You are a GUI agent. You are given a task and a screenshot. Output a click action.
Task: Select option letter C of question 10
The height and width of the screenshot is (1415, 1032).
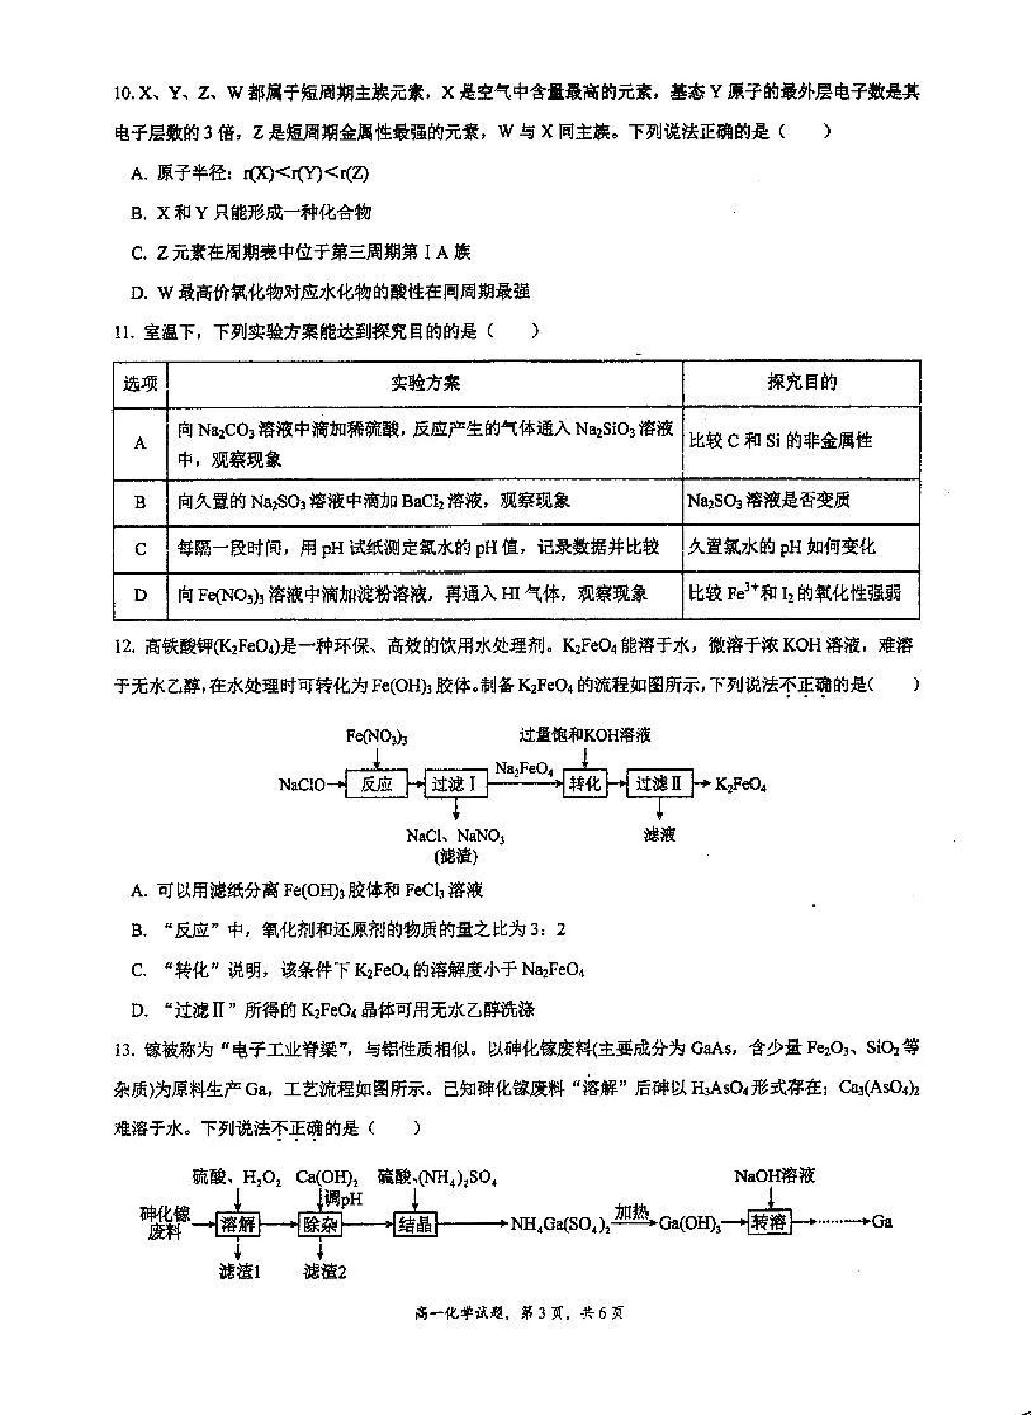coord(138,253)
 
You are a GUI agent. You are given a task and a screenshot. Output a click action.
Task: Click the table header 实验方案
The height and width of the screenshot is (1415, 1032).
coord(425,383)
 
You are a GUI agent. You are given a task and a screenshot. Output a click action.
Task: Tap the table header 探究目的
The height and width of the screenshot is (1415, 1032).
coord(801,382)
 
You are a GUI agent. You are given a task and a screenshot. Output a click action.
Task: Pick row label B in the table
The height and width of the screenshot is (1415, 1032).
coord(141,502)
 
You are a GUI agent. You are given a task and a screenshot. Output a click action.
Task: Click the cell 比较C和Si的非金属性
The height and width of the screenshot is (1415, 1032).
coord(780,441)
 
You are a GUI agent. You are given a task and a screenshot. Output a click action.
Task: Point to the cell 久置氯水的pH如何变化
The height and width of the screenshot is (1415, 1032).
coord(781,547)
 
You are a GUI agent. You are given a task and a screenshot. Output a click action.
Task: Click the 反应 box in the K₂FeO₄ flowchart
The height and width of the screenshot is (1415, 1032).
coord(376,784)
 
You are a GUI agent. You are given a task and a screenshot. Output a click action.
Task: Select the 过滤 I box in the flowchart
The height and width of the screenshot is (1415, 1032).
coord(455,784)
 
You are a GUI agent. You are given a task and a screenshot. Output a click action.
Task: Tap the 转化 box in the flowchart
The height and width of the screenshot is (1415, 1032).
coord(584,783)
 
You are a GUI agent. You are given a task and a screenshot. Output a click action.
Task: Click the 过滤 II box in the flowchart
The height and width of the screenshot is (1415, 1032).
coord(658,783)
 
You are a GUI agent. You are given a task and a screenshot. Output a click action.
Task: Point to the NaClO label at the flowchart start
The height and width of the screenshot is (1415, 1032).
coord(302,784)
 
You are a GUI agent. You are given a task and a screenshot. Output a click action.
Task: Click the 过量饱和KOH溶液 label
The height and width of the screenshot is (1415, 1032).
coord(585,735)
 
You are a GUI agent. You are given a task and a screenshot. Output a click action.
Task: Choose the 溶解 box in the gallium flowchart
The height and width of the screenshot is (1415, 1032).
coord(238,1224)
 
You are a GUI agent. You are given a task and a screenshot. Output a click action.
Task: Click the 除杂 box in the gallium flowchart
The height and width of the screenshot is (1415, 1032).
coord(321,1224)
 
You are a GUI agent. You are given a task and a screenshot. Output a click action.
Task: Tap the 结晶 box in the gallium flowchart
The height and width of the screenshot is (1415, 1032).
coord(416,1224)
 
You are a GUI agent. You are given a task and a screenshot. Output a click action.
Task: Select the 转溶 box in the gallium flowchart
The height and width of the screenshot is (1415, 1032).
coord(769,1222)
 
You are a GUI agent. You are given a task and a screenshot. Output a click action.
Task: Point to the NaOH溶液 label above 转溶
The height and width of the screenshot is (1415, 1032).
coord(775,1176)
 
